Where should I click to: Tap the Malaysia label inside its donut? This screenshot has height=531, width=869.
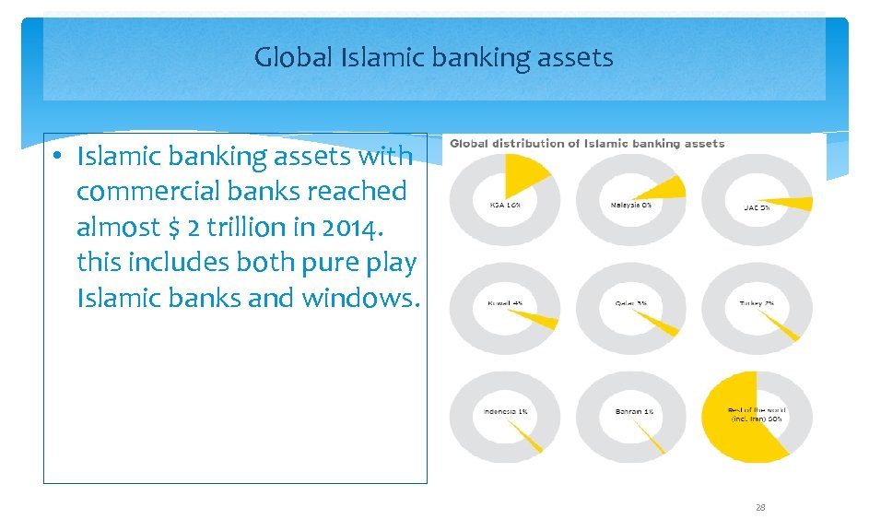pos(630,205)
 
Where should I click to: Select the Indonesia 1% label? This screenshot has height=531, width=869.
pos(505,411)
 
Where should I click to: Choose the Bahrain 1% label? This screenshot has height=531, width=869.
pos(633,411)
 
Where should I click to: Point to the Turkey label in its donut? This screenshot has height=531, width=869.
pos(756,302)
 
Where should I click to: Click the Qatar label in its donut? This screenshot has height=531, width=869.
pos(630,302)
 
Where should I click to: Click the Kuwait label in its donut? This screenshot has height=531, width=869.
pos(505,302)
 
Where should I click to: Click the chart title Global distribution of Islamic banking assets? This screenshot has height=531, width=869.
pos(586,143)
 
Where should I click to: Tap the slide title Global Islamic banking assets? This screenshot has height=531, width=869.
pos(433,58)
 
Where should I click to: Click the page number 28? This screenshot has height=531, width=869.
pos(760,508)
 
